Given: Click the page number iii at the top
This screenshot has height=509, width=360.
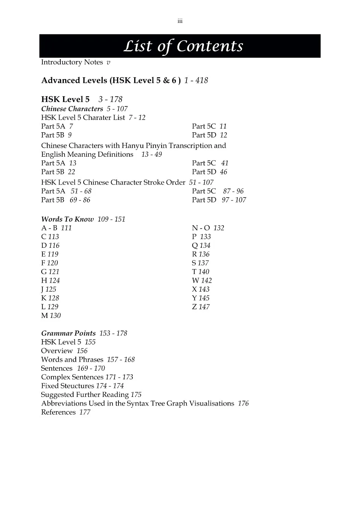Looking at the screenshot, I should (180, 21).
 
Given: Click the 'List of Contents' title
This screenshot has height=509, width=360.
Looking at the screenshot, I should (183, 46).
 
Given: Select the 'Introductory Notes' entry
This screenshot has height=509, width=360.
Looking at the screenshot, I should (72, 62).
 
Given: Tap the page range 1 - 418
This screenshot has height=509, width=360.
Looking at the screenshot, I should (196, 81).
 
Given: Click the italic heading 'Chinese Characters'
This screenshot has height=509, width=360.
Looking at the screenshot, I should (72, 109).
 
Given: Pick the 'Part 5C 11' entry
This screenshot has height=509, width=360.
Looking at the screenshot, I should (209, 126).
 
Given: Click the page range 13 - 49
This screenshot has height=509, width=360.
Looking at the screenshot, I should (151, 154).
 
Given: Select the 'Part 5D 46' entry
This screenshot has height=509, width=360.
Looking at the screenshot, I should (209, 172).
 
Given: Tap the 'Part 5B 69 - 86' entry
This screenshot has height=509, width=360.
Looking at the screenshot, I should (66, 200).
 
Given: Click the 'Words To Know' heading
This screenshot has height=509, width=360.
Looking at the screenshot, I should (67, 219).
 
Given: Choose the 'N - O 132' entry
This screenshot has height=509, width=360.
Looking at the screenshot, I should (208, 228).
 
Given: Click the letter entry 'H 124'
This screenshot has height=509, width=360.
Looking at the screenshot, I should (50, 280).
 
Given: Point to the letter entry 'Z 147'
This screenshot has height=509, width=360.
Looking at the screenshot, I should (201, 307).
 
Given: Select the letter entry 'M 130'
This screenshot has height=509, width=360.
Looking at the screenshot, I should (51, 316).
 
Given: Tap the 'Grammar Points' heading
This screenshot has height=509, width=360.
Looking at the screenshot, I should (68, 333).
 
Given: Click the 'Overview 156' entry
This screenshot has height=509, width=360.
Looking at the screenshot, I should (64, 351).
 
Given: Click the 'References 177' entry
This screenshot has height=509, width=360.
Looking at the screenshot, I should (66, 412).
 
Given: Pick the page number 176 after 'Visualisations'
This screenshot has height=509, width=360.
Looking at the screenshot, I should (243, 403).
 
